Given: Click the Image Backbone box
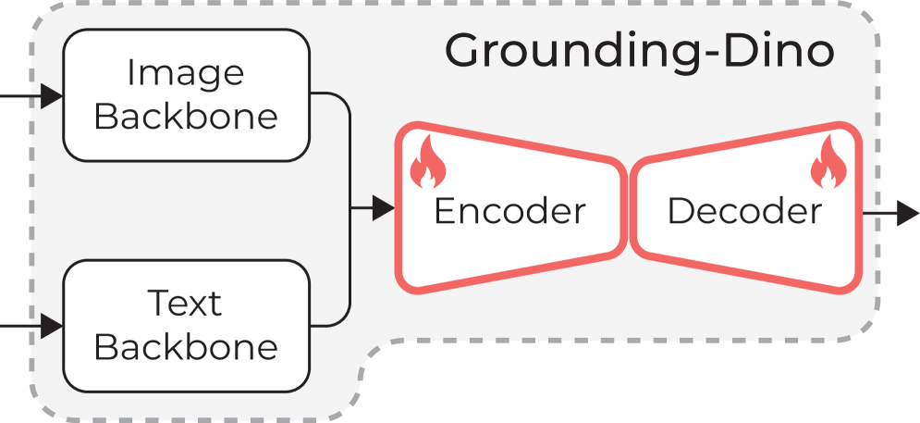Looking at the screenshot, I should coord(185,95).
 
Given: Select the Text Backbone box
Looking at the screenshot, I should coord(185,325).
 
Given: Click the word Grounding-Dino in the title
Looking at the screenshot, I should coord(639,51).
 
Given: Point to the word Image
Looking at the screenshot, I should coord(185,72).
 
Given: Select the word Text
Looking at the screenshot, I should coord(185,303).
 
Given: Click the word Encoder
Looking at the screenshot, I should coord(509,211).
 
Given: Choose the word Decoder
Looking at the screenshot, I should coord(744,211).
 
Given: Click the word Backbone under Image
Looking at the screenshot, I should coord(185,118).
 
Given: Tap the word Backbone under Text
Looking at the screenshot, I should coord(185,347).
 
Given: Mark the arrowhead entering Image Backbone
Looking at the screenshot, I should coord(52,95).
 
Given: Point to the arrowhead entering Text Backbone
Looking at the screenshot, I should coord(52,326).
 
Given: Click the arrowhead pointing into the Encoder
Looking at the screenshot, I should coord(384,209).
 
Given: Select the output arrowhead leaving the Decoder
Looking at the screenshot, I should coord(908,213).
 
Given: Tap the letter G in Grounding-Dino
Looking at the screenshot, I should coord(465,51).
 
